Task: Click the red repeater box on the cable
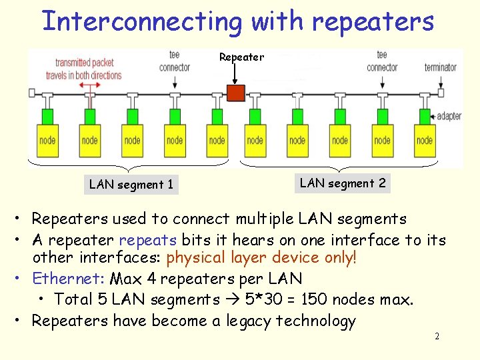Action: (236, 93)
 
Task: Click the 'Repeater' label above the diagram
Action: (241, 57)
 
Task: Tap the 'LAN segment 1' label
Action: (131, 185)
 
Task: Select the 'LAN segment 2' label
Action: (343, 183)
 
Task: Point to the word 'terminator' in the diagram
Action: (441, 67)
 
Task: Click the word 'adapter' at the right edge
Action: (449, 116)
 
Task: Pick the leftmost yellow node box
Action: (47, 140)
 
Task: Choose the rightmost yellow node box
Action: (424, 140)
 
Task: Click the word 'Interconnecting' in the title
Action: (141, 21)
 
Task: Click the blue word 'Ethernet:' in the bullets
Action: (69, 278)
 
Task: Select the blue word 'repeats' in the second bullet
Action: (147, 239)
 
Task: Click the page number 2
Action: (437, 337)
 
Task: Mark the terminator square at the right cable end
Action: (440, 93)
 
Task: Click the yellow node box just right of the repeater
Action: (255, 140)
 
